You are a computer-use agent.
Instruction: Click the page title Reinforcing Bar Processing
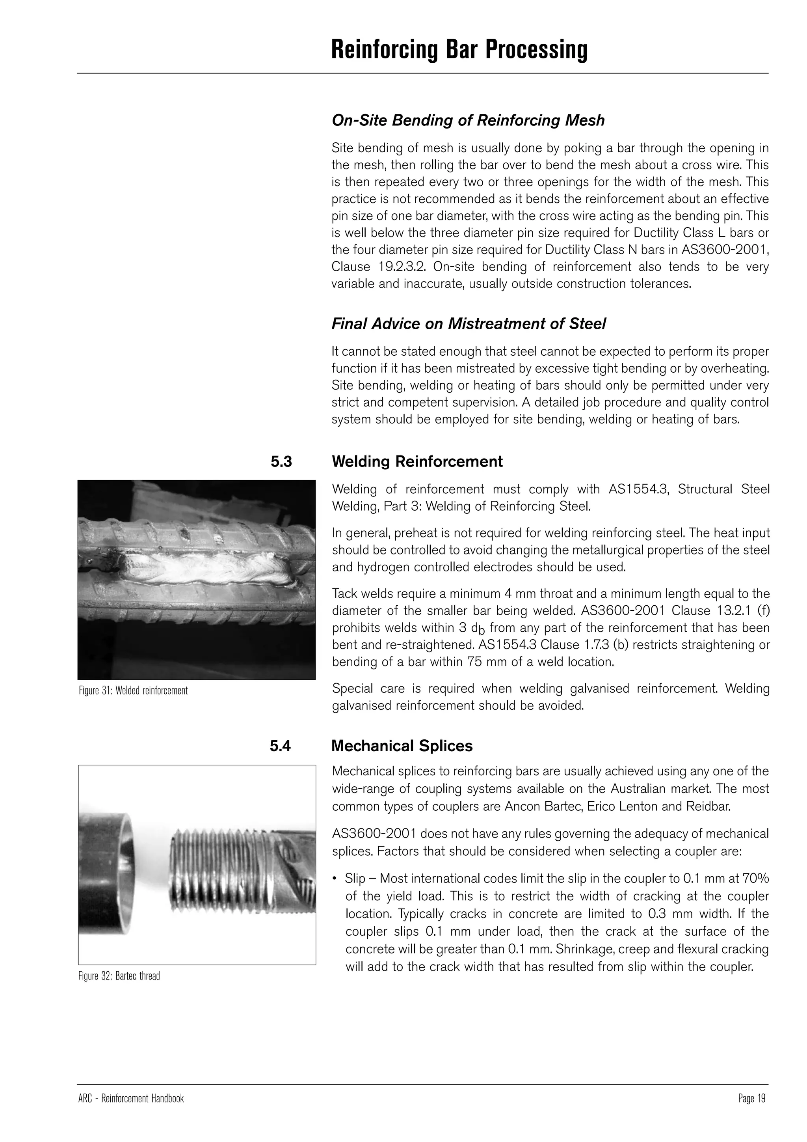point(459,50)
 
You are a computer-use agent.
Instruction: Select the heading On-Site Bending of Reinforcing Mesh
point(468,120)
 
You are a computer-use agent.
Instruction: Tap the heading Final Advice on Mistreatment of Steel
point(469,324)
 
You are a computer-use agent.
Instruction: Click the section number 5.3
point(281,462)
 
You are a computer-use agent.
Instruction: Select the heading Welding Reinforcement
point(417,462)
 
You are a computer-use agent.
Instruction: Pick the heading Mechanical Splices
point(402,746)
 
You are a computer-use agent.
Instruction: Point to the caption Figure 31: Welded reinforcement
point(133,690)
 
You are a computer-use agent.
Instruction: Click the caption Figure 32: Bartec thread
point(119,976)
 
